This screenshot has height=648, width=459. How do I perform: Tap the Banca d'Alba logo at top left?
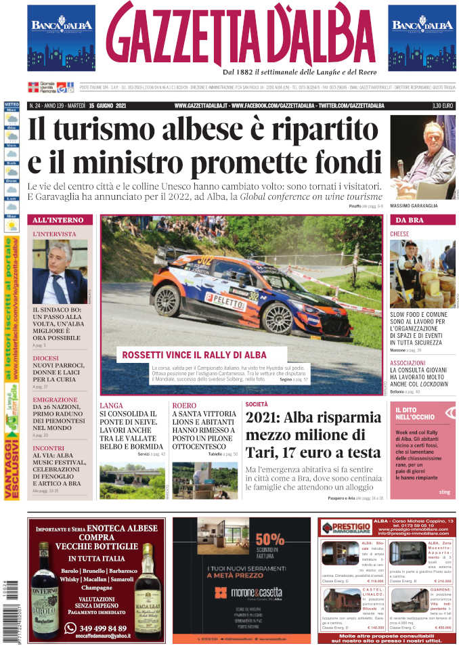(61, 37)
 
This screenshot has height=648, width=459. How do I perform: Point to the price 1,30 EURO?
(443, 106)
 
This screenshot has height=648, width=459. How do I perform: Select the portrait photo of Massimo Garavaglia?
(423, 156)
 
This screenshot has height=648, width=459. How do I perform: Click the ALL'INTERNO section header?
(58, 221)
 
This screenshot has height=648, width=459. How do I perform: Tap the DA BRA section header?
(410, 221)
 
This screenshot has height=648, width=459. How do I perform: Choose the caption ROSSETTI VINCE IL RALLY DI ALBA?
(194, 355)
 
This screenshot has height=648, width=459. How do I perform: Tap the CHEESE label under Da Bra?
(399, 234)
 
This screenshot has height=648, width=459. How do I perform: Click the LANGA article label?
(111, 406)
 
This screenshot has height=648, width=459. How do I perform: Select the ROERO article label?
(184, 406)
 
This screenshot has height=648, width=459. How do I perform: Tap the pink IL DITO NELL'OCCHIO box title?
(415, 414)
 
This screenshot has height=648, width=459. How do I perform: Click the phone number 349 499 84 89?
(97, 628)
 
